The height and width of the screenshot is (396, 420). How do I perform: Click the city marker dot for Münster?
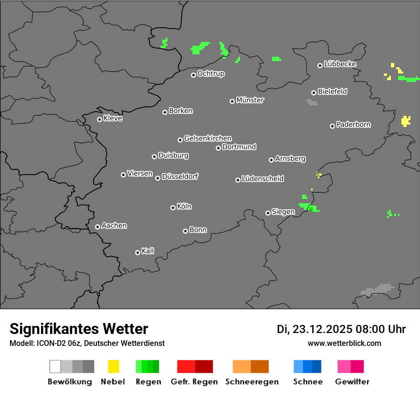coord(232,101)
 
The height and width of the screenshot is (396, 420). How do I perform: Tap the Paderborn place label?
coord(354,125)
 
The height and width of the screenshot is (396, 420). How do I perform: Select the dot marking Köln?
coord(173,208)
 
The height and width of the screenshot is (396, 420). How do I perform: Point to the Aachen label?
coord(114,225)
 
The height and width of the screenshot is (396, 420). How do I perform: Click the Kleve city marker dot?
coord(99,119)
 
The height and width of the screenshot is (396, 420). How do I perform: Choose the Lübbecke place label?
coord(340,64)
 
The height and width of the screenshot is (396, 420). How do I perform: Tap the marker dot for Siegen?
coord(268,213)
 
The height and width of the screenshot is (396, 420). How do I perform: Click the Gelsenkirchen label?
coord(208,138)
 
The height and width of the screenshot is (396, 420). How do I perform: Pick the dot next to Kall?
coord(137,252)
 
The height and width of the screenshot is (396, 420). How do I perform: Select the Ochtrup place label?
coord(211,73)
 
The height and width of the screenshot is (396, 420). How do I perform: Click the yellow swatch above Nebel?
coord(114,366)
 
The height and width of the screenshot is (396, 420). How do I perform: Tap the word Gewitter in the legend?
coord(352,382)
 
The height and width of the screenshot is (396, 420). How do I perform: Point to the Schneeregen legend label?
coord(252,382)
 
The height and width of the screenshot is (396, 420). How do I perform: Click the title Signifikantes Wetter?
coord(79,329)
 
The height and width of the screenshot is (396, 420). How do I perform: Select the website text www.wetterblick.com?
coord(345,343)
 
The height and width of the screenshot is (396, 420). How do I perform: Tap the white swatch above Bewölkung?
coord(55,366)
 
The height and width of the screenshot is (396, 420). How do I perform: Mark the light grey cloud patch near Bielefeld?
coord(312,102)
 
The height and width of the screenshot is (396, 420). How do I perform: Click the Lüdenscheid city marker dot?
coord(238,180)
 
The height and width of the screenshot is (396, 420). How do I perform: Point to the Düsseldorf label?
coord(180,177)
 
